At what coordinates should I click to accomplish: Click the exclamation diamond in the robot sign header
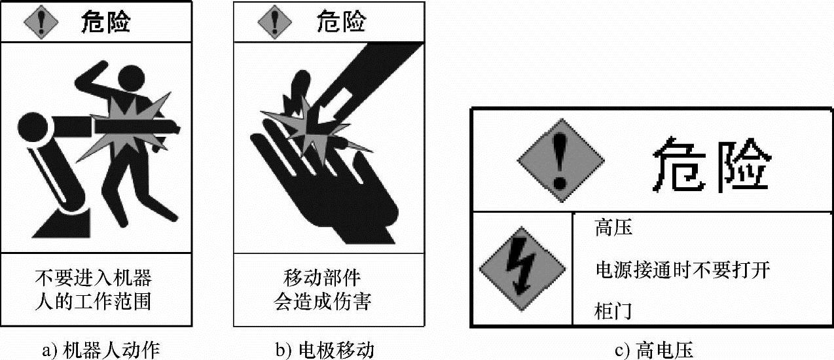pos(41,22)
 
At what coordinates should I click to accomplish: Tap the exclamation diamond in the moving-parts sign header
pos(275,22)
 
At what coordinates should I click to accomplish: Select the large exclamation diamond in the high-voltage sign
pos(561,160)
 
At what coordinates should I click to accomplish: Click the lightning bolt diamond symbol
pos(522,268)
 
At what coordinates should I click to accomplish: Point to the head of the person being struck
pos(131,78)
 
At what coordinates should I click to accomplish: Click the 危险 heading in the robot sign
pos(106,22)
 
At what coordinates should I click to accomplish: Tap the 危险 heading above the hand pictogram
pos(341,22)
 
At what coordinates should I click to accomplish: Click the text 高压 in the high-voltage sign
pos(613,227)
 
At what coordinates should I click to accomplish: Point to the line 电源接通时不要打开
pos(683,270)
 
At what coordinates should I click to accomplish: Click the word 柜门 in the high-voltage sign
pos(613,311)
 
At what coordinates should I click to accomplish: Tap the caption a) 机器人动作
pos(101,350)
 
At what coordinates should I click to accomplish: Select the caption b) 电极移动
pos(325,350)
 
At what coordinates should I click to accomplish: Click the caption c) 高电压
pos(654,350)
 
